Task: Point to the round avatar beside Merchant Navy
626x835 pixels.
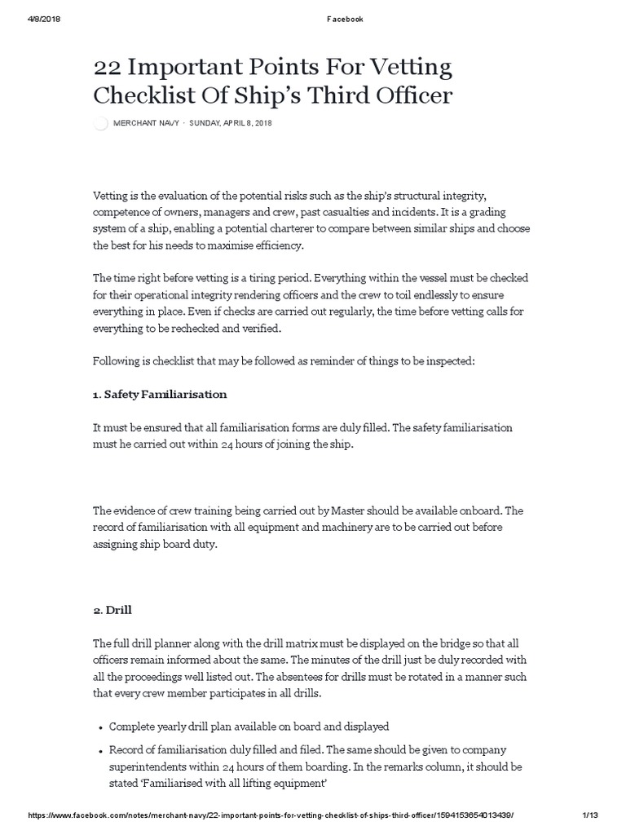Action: [101, 124]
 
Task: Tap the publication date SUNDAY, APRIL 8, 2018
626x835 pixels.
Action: [231, 123]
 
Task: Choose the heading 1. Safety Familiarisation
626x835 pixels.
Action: [160, 394]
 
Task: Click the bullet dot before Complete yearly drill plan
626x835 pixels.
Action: [99, 727]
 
